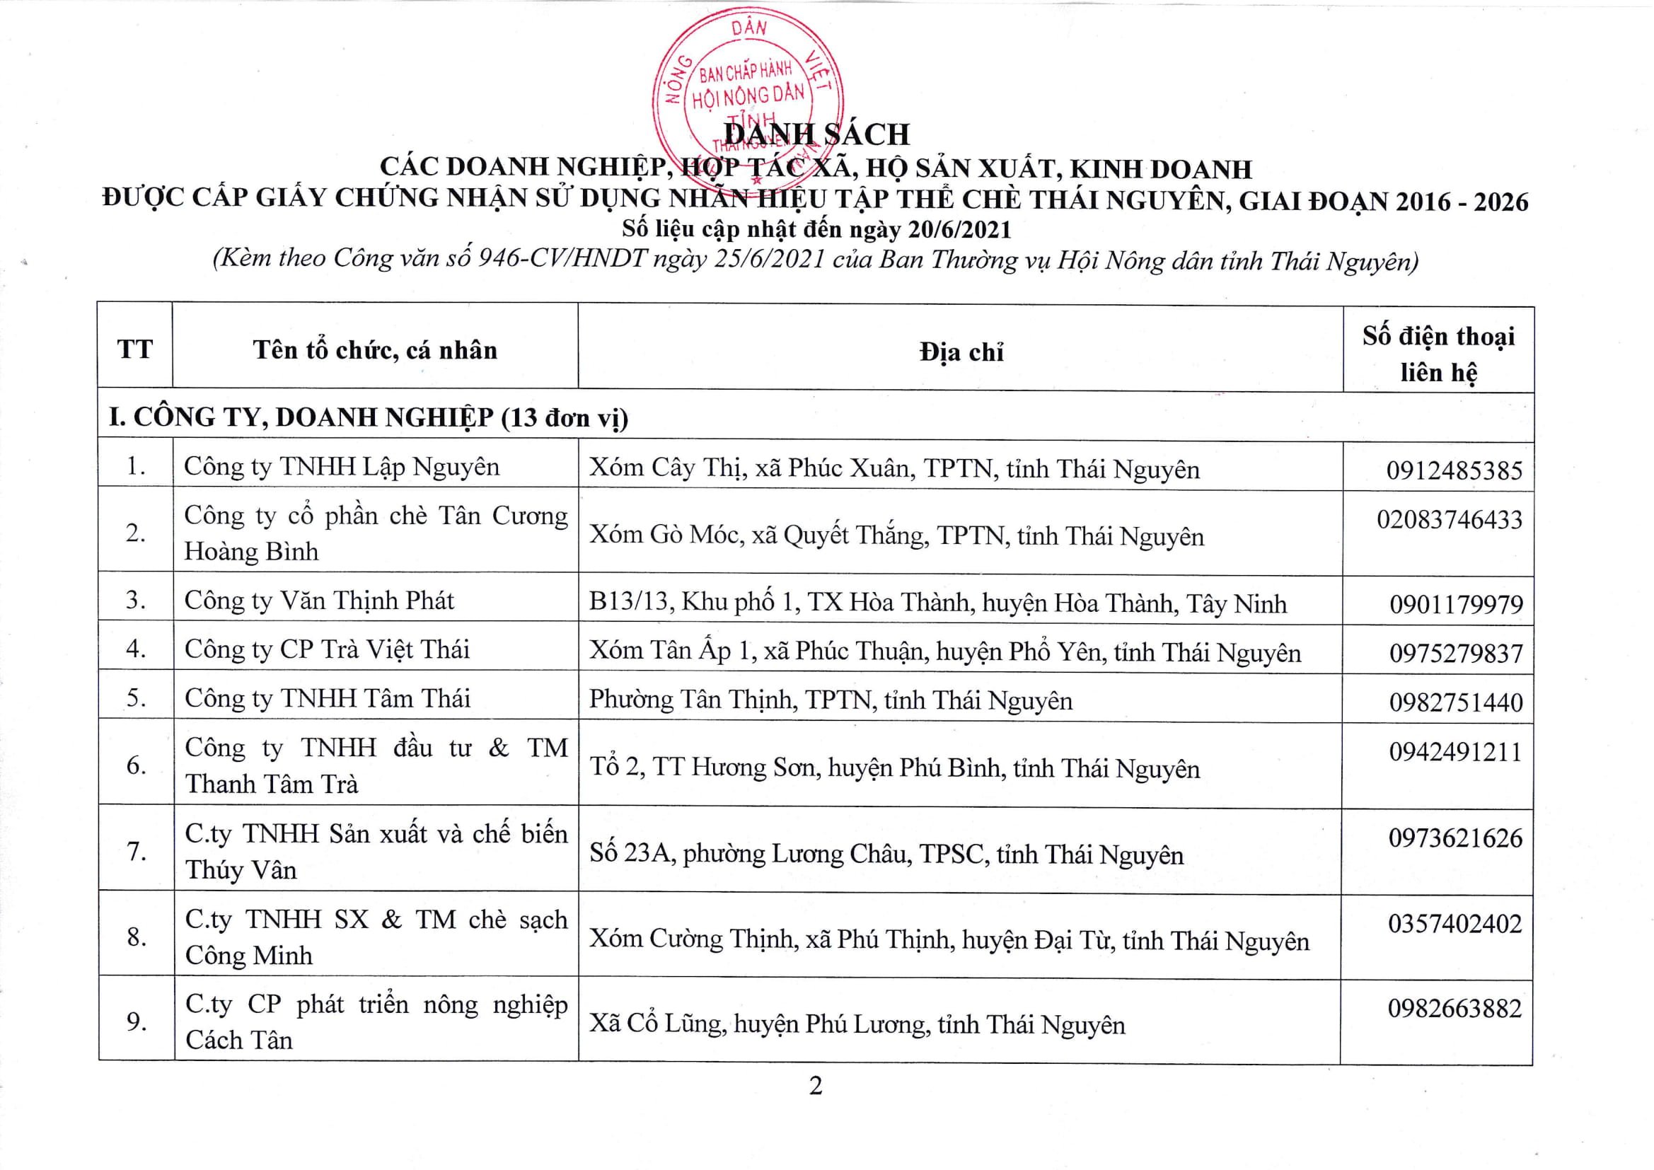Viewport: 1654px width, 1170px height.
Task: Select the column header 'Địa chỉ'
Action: click(961, 352)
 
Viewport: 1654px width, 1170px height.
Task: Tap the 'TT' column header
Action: click(134, 349)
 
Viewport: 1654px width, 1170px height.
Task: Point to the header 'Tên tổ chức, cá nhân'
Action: click(376, 350)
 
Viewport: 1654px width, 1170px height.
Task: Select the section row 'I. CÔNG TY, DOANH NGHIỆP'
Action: click(368, 418)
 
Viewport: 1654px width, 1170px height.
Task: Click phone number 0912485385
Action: click(1455, 471)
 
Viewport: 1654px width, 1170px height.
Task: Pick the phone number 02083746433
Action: click(1450, 520)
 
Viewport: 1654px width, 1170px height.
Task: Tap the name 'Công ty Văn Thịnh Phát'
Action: click(319, 601)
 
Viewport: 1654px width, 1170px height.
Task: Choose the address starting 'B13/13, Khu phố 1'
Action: click(937, 603)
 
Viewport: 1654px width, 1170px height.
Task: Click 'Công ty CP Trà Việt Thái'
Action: click(327, 650)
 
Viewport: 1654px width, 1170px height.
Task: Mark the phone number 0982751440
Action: click(1456, 703)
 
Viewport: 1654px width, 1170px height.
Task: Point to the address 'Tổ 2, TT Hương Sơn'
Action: click(894, 768)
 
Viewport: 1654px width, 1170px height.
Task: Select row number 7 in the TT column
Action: click(136, 852)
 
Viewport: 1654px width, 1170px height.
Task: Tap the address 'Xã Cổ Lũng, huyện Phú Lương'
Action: click(857, 1024)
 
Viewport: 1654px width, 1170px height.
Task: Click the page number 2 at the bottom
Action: click(816, 1086)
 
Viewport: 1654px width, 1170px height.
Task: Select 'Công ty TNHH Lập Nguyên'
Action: click(342, 467)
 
